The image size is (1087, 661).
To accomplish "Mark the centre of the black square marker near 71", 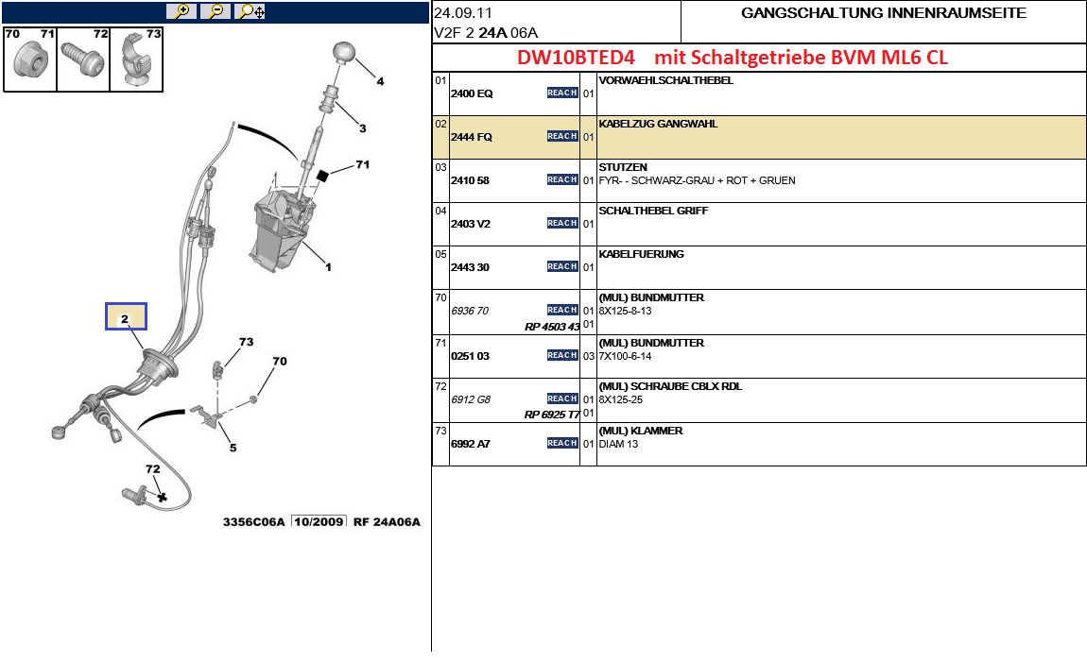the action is (x=321, y=176).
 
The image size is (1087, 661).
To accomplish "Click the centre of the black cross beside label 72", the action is (x=163, y=497).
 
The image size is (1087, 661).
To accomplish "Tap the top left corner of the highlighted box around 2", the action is (x=106, y=303).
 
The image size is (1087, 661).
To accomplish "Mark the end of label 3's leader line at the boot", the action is (x=336, y=104).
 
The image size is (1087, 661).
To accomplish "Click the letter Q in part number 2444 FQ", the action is (x=488, y=137).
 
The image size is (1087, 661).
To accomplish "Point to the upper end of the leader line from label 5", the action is (x=218, y=420).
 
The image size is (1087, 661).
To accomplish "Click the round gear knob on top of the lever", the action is (x=344, y=52).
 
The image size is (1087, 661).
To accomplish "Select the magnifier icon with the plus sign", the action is (x=181, y=11).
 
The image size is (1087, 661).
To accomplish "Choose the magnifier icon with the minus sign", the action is (x=216, y=11).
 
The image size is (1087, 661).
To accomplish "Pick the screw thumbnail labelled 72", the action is (x=83, y=60).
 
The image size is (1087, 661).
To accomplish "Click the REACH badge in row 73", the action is (x=562, y=443).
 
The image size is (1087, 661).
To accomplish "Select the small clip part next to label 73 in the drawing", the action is (x=217, y=368).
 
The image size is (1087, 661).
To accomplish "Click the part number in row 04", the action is (x=471, y=224).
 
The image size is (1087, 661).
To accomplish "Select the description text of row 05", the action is (x=641, y=254).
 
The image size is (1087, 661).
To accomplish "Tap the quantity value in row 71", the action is (x=589, y=356).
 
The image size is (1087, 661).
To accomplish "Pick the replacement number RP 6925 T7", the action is (x=552, y=415).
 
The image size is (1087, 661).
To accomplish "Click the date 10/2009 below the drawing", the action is (x=319, y=522).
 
